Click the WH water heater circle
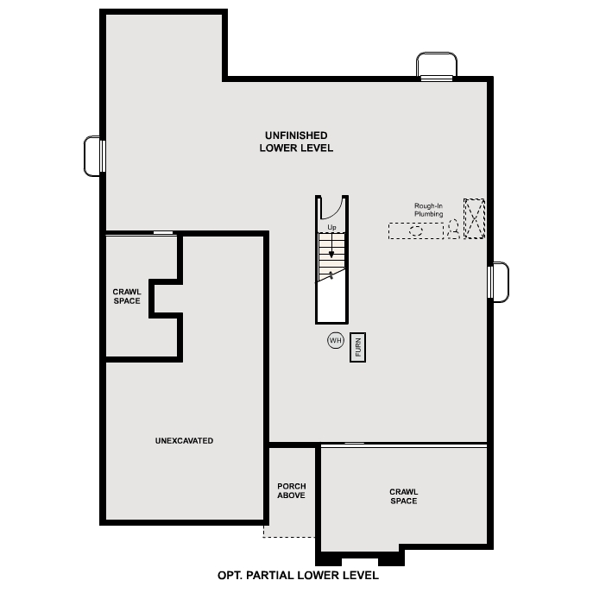[336, 341]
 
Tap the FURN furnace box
[357, 347]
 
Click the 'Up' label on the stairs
[331, 228]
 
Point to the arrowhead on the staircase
[331, 254]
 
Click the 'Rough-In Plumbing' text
[428, 210]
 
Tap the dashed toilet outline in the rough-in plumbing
[452, 229]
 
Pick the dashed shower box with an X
[475, 218]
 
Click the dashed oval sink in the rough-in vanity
[416, 230]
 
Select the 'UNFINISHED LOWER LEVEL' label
[296, 142]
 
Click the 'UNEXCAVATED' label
[184, 441]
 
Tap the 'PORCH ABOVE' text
[291, 491]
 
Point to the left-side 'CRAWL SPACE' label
[127, 296]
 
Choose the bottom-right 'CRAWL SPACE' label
[403, 496]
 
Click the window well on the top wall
[437, 66]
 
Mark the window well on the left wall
[93, 156]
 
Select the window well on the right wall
[499, 282]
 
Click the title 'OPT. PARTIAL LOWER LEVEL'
[297, 575]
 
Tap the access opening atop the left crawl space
[162, 233]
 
